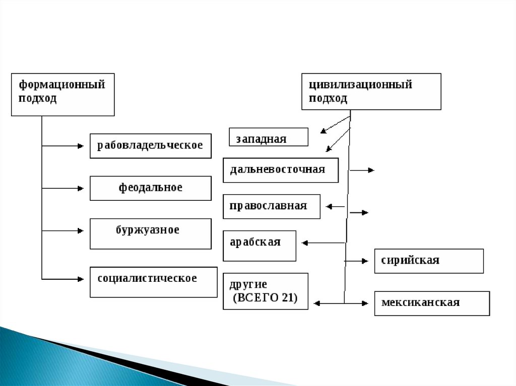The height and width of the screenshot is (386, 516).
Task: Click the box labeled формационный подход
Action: (62, 94)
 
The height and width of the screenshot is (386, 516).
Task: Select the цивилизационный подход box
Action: (371, 91)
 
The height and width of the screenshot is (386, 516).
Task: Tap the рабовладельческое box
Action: (150, 145)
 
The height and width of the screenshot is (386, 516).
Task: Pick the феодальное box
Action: (150, 188)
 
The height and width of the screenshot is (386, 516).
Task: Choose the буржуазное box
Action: (150, 233)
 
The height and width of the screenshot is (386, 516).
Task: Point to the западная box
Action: (268, 137)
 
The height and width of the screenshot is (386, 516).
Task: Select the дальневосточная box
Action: (280, 170)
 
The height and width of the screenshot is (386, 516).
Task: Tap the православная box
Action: (271, 206)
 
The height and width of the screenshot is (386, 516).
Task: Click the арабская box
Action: (259, 246)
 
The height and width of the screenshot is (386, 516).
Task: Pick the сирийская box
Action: (428, 261)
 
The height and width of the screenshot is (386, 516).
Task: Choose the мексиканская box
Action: (431, 303)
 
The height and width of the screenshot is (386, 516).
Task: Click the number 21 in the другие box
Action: (288, 298)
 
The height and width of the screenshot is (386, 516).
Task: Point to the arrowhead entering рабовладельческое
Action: (81, 146)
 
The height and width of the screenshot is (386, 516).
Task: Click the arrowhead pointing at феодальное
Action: (81, 189)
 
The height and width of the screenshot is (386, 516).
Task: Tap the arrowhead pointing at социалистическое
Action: (81, 278)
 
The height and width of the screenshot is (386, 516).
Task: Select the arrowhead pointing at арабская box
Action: (305, 243)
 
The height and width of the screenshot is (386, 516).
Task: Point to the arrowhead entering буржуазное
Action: (81, 231)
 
